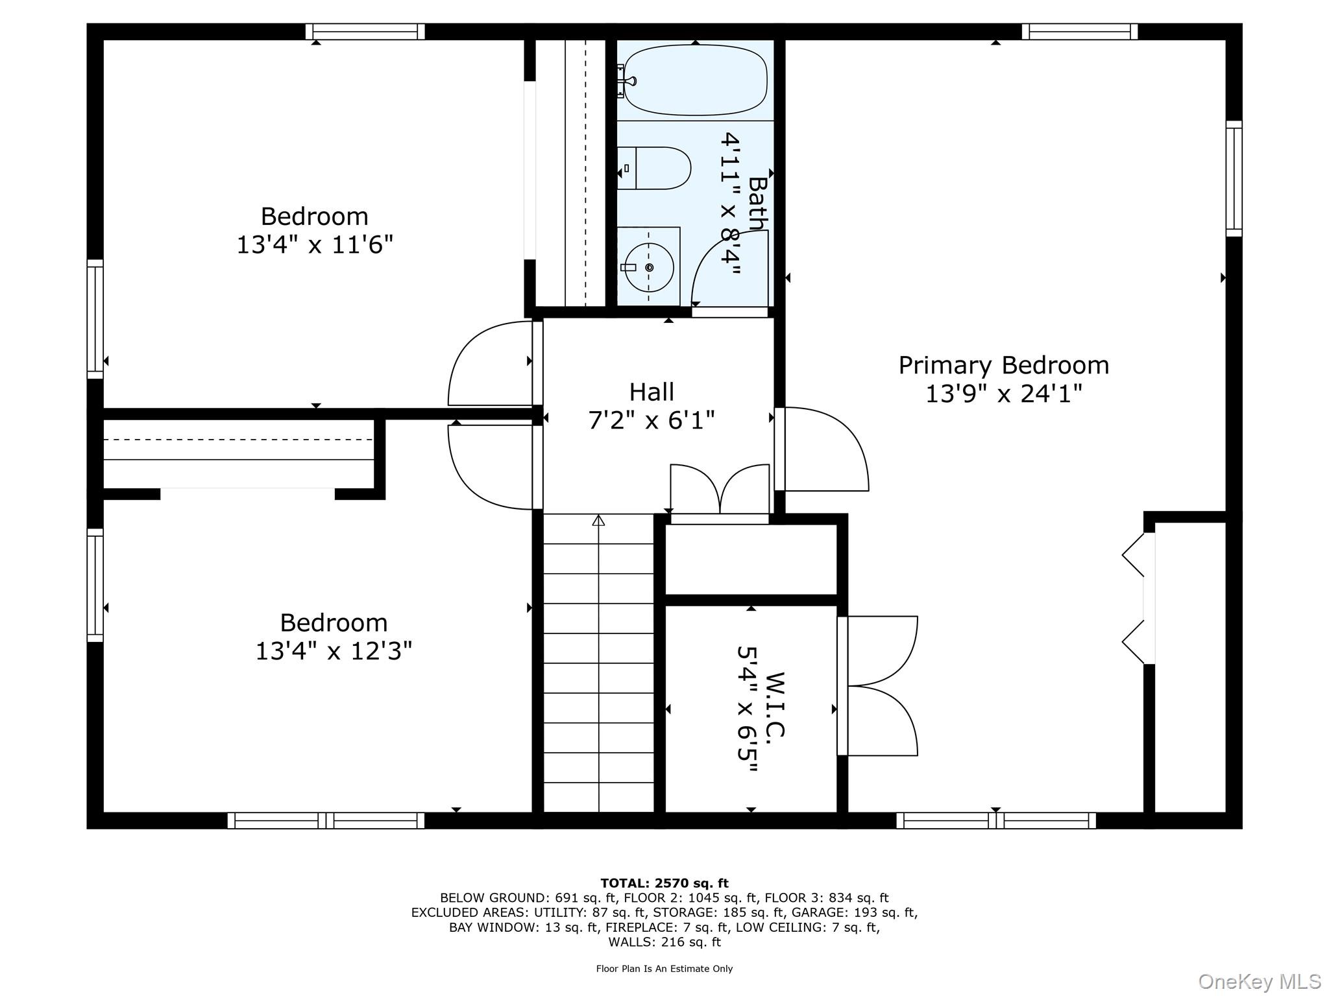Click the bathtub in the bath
[x=696, y=80]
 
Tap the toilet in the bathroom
[x=655, y=168]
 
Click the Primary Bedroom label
[x=1003, y=365]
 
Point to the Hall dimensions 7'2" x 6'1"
[x=651, y=421]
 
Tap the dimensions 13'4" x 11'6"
[x=315, y=245]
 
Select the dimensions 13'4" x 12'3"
[x=334, y=651]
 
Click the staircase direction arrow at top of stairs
[x=598, y=520]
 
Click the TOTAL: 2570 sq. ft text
[x=664, y=883]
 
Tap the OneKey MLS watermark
[x=1259, y=981]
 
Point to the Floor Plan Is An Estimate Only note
[x=664, y=969]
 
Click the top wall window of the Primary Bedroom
[x=1079, y=32]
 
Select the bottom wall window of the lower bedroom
[x=326, y=820]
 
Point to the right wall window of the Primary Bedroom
[x=1234, y=178]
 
